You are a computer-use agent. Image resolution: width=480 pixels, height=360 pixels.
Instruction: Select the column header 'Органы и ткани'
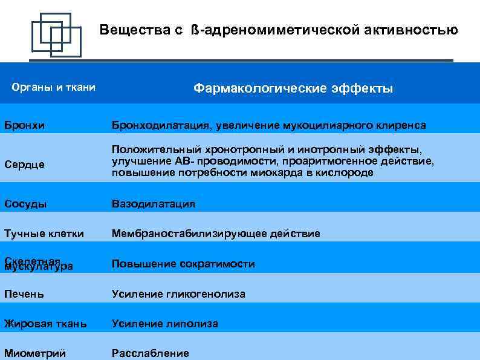click(x=54, y=88)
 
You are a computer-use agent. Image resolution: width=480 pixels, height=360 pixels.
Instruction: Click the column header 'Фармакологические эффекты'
click(x=293, y=88)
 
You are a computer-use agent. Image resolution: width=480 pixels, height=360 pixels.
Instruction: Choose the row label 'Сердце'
click(x=25, y=165)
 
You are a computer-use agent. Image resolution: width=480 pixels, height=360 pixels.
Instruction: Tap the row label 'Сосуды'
click(x=25, y=204)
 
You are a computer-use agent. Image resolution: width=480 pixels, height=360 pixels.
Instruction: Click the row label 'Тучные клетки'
click(x=44, y=234)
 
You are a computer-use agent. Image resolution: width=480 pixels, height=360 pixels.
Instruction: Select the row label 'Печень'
click(x=24, y=294)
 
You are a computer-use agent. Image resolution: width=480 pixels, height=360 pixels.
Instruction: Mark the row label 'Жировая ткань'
click(x=45, y=324)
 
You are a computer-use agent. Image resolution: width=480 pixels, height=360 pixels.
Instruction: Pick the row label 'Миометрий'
click(x=35, y=353)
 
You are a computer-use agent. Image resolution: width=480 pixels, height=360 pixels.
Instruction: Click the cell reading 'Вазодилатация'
click(x=154, y=204)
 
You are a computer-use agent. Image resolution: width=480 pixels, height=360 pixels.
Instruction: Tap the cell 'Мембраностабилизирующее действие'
click(x=216, y=234)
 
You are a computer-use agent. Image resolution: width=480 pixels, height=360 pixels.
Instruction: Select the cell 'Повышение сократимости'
click(x=183, y=264)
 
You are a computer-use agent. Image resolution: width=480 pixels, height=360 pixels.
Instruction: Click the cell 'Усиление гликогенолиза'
click(x=178, y=294)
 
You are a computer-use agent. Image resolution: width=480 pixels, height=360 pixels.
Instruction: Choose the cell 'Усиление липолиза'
click(x=165, y=324)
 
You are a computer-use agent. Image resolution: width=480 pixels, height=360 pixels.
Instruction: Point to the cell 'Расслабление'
click(x=151, y=353)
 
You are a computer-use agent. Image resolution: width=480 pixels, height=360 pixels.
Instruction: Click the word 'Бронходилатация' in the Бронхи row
click(x=159, y=125)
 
